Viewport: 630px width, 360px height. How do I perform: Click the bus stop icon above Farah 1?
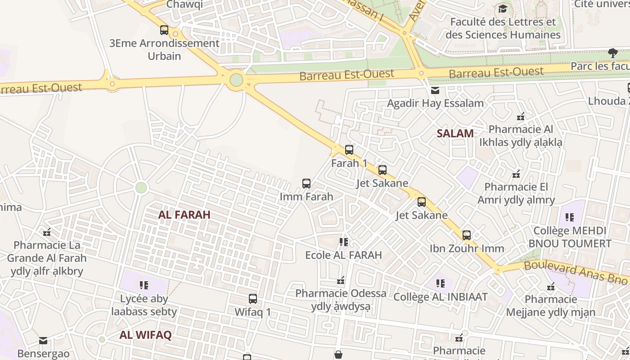349,150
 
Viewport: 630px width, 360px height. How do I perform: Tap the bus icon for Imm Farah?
306,184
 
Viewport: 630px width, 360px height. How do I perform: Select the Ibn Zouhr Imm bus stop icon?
467,235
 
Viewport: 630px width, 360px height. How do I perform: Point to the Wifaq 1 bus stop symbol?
253,299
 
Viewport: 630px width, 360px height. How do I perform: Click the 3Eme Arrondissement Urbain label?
164,49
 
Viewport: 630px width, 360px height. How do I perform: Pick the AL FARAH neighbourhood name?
184,215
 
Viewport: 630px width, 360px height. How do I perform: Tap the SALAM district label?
455,133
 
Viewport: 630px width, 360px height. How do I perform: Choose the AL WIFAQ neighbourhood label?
145,335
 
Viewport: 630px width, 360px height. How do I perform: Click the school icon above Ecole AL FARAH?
344,242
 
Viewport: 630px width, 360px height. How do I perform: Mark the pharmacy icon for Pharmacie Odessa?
341,281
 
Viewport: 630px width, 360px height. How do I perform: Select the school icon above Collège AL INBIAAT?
441,283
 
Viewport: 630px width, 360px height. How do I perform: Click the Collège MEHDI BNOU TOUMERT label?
570,237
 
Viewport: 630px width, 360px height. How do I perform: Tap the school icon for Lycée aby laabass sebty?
144,285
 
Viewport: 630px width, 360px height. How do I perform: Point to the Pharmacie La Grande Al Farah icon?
47,233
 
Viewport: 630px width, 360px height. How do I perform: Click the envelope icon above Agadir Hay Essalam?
435,90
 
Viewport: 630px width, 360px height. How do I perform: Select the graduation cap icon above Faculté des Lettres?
503,9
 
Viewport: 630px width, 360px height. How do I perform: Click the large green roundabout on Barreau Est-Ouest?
236,81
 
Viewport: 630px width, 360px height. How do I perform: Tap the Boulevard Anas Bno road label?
576,271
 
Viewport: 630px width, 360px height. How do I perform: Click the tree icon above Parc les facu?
612,53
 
